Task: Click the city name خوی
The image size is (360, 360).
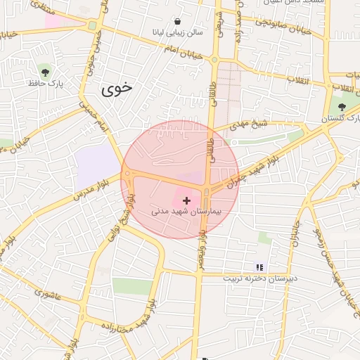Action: (116, 89)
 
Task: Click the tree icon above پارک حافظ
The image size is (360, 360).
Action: (45, 71)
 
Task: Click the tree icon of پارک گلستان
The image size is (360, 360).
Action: (342, 107)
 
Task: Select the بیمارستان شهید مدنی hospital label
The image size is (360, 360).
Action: (186, 210)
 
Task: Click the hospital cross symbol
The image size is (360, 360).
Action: (186, 201)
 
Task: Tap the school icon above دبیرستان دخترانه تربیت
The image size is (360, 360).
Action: (259, 267)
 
